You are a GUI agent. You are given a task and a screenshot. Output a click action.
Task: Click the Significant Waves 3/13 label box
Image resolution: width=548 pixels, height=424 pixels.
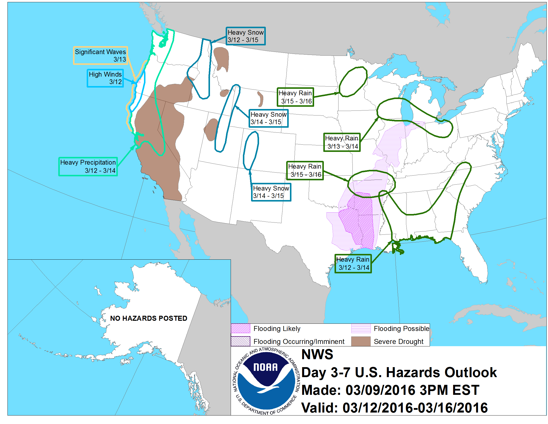100,56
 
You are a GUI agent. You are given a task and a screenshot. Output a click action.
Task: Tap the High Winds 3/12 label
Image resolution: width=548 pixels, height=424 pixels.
105,78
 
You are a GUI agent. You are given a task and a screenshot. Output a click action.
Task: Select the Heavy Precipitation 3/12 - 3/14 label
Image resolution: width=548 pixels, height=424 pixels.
88,166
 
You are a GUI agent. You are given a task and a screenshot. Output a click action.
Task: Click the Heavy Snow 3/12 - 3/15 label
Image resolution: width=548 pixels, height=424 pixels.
245,36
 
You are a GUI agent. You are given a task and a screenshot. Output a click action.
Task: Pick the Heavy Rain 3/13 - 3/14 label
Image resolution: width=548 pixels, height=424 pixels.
342,142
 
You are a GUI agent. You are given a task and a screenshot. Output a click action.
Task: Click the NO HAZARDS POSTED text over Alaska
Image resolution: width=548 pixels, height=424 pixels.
148,318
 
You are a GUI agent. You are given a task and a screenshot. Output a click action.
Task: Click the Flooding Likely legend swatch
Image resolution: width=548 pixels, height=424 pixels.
240,328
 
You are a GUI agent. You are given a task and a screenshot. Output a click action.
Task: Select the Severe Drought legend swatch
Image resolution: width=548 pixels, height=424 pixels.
361,341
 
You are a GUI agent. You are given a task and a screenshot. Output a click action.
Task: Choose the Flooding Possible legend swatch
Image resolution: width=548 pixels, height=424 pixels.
361,328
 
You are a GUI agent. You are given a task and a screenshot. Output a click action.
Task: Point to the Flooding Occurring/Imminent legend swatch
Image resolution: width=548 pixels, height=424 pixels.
240,341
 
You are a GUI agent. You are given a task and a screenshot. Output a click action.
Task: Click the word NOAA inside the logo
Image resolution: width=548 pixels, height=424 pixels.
266,367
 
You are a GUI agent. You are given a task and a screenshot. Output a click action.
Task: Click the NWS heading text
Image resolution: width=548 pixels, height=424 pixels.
317,354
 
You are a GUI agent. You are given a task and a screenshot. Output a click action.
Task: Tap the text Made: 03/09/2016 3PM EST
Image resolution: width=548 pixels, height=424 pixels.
390,390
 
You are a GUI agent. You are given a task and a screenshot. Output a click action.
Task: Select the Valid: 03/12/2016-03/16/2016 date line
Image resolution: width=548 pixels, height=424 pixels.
395,408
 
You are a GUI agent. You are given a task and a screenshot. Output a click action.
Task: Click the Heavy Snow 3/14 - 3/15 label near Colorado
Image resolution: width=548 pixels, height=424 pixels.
271,192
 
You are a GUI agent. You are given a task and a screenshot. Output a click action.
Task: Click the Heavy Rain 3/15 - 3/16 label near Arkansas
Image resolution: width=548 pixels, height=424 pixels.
305,171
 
